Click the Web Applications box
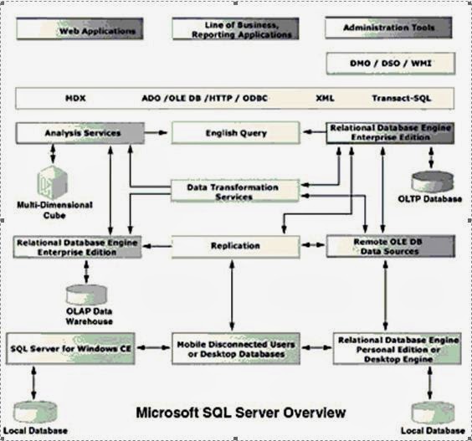coord(76,30)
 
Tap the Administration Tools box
coord(389,28)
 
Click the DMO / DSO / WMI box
coord(389,63)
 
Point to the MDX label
coord(75,98)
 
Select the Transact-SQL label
coord(399,98)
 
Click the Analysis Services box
coord(76,133)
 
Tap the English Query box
coord(235,133)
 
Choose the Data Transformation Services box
coord(235,191)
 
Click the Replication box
coord(235,247)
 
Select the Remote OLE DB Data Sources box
coord(390,246)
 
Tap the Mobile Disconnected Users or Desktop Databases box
coord(235,349)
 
